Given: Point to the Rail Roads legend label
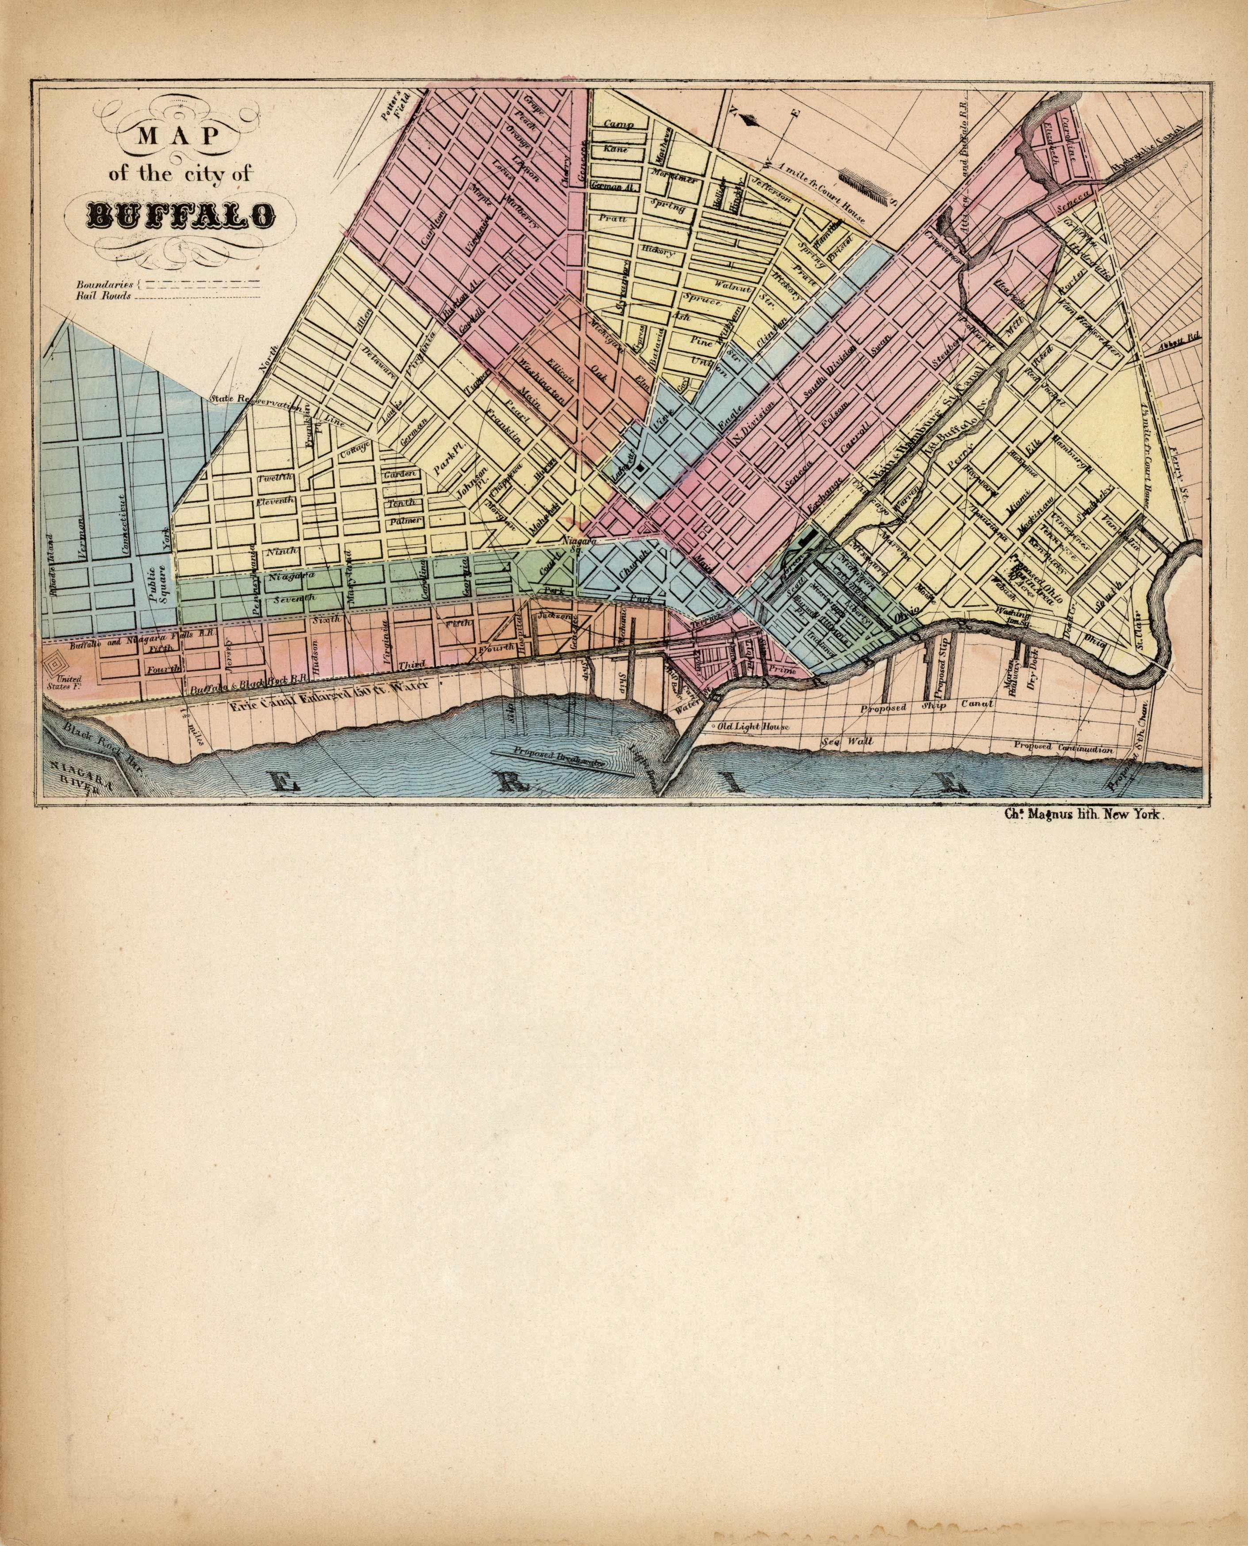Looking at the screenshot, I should pos(104,296).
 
